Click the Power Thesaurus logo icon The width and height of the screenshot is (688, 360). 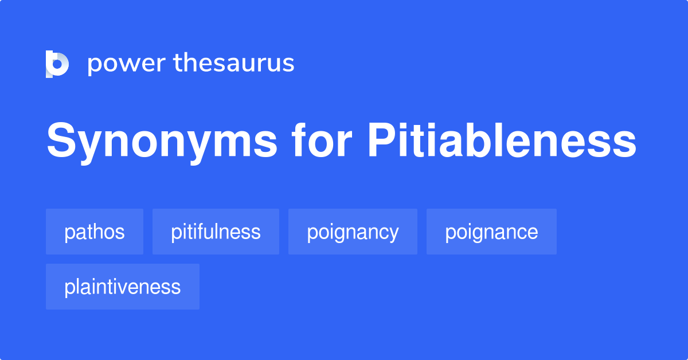(x=57, y=64)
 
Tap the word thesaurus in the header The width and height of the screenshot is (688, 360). (x=234, y=64)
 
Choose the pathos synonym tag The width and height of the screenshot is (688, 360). (x=95, y=232)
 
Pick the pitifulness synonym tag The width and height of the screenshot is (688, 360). (x=216, y=232)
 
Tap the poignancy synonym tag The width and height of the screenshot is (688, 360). (x=353, y=232)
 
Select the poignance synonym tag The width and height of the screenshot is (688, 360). (x=491, y=232)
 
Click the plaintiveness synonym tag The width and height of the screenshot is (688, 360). (x=123, y=287)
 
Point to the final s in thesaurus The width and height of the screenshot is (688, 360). (x=290, y=64)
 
